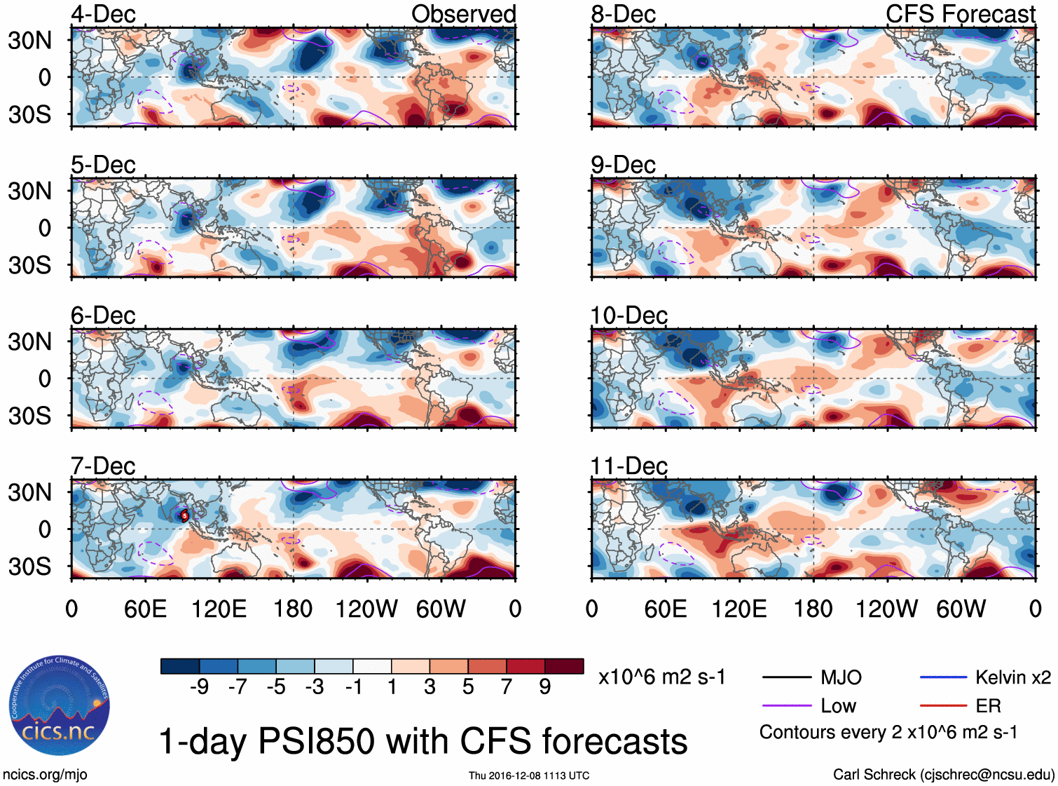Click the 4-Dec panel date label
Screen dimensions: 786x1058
click(x=103, y=14)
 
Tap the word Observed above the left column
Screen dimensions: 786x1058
click(x=463, y=14)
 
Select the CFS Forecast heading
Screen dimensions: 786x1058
click(x=960, y=14)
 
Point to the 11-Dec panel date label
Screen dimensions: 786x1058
click(x=628, y=466)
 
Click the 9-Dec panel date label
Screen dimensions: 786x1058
click(x=623, y=165)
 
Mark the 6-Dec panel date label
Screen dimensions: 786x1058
click(x=103, y=316)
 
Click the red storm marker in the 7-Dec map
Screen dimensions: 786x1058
click(x=185, y=515)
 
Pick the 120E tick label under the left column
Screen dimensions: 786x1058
click(x=219, y=609)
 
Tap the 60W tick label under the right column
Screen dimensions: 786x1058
click(x=961, y=609)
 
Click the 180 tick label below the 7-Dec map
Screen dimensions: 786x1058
click(x=293, y=609)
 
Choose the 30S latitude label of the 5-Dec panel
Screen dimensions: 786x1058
click(x=29, y=265)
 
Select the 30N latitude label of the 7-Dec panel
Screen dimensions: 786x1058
click(x=29, y=492)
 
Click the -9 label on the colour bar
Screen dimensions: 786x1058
click(x=199, y=686)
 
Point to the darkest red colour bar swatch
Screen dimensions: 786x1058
click(x=564, y=666)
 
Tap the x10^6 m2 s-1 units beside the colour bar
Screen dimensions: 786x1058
click(x=661, y=677)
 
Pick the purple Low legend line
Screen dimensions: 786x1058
click(x=786, y=705)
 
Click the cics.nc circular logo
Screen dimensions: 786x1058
click(x=59, y=706)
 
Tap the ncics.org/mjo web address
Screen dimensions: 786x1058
click(x=45, y=775)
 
